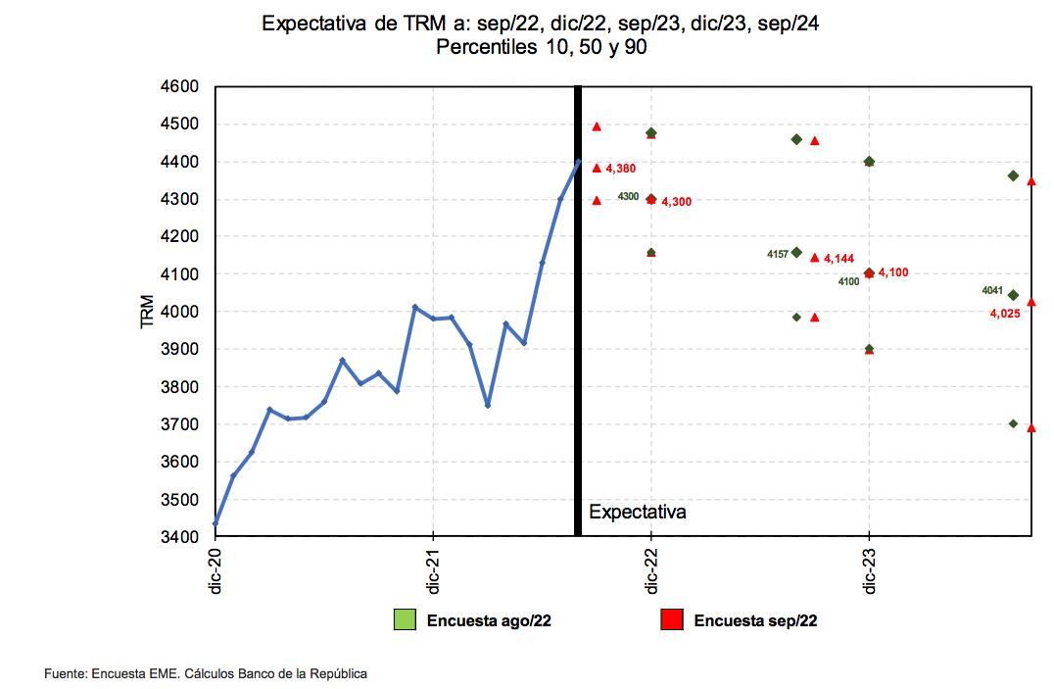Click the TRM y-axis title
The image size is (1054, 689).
tap(148, 312)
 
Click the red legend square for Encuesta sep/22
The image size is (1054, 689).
tap(671, 619)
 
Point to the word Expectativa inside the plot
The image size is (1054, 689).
tap(637, 512)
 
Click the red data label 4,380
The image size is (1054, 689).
tap(621, 169)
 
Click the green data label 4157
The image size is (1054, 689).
tap(778, 254)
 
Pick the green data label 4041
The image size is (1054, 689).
tap(992, 290)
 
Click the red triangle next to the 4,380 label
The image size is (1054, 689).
tap(597, 168)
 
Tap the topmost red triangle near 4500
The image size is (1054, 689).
tap(597, 126)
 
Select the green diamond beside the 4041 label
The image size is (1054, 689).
tap(1013, 295)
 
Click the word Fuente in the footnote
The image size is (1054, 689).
tap(66, 673)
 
